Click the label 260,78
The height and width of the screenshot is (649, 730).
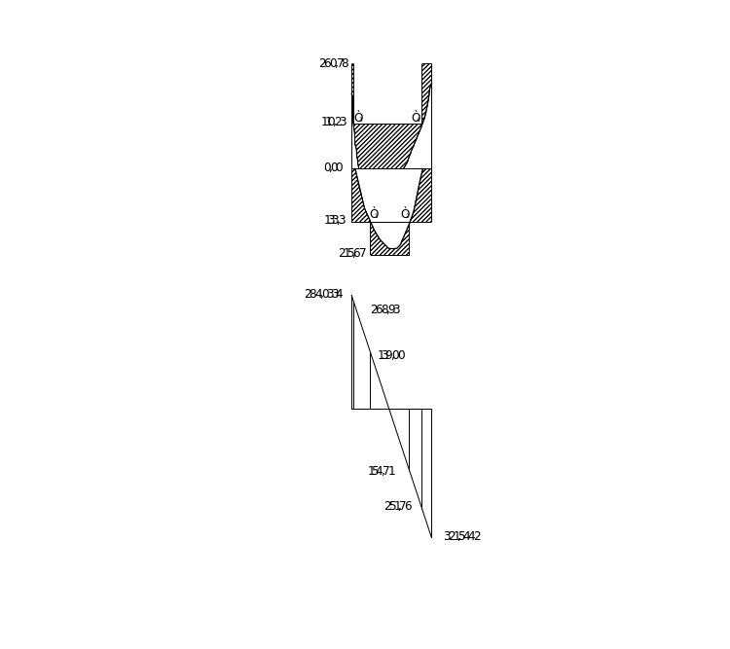[x=334, y=63]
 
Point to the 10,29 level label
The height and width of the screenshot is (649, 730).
[x=334, y=122]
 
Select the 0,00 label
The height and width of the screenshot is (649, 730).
[x=334, y=167]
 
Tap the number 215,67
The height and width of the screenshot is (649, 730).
[x=351, y=252]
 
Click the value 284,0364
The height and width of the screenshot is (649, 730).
[x=324, y=293]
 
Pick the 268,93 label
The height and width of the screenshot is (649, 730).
[x=385, y=309]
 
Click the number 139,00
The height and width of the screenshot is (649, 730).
[x=391, y=355]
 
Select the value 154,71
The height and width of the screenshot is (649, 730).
[x=382, y=471]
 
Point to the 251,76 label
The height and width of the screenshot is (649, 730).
[x=398, y=506]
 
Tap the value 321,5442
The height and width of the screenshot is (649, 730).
[x=462, y=535]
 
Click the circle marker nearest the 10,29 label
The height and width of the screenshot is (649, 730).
[x=359, y=118]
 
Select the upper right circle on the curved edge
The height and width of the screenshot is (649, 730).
[x=416, y=118]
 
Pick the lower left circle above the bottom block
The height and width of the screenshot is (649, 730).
[x=375, y=214]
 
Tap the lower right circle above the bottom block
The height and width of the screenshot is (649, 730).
[x=405, y=214]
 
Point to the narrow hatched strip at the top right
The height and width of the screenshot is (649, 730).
[x=426, y=83]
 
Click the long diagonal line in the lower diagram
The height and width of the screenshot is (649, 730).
[x=391, y=416]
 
